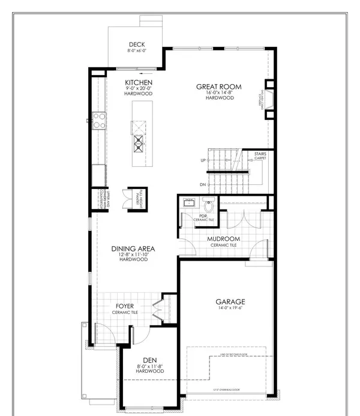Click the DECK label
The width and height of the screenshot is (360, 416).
point(136,44)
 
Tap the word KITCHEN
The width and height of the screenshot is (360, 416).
point(139,82)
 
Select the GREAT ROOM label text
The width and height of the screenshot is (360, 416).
point(218,87)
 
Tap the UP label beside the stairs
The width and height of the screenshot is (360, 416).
point(203,160)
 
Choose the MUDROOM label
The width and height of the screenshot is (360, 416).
point(223,238)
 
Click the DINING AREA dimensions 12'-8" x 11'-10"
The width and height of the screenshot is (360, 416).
point(133,255)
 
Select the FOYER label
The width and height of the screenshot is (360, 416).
point(124,306)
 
